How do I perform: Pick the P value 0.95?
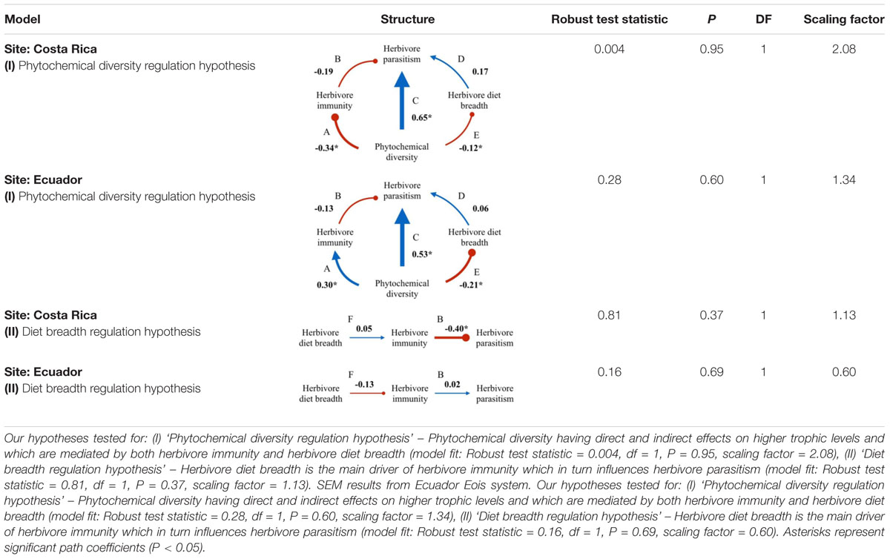[711, 50]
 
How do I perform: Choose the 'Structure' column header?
[407, 19]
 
